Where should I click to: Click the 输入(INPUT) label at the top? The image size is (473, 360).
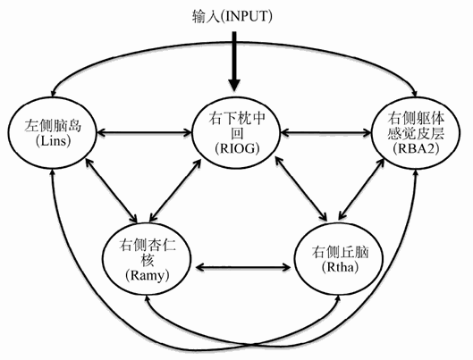[234, 16]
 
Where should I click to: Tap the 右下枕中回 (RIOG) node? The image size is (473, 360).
[236, 134]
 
